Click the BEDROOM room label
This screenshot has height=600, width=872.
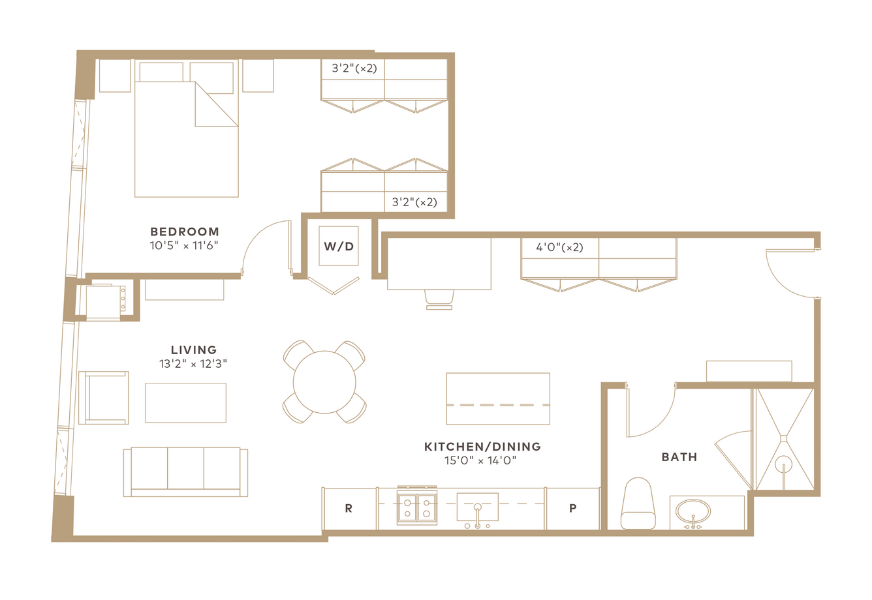point(185,232)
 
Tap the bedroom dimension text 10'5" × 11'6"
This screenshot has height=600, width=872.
point(184,246)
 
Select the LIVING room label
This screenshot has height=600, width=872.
point(194,350)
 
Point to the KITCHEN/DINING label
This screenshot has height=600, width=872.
point(482,446)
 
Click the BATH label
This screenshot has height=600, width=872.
point(679,457)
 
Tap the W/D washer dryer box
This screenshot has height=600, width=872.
point(339,246)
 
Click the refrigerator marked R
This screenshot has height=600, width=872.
point(349,508)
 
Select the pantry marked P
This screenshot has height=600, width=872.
point(572,508)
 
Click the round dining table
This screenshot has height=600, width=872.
point(324,382)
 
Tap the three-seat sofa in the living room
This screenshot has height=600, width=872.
point(185,472)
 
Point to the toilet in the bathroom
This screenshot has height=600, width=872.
point(638,503)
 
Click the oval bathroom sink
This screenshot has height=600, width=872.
point(693,512)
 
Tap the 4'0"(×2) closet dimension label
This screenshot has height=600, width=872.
point(559,247)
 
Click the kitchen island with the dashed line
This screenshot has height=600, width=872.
point(498,398)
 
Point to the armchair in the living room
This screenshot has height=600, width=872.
point(104,397)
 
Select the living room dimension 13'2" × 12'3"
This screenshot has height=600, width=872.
point(193,364)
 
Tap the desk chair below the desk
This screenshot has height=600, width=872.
point(439,299)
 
